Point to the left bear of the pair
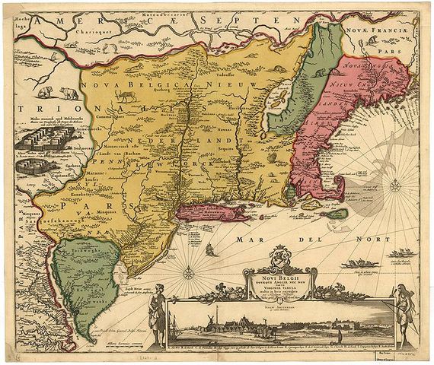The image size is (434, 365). click(x=46, y=93)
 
